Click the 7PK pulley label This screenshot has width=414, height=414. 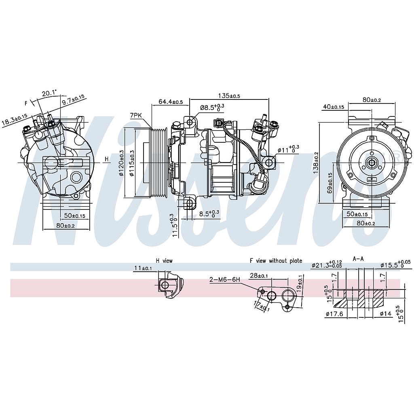[x=135, y=116]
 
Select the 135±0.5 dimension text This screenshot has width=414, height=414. [x=229, y=96]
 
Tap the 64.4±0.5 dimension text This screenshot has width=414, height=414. [x=170, y=102]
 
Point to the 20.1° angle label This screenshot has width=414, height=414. [x=49, y=93]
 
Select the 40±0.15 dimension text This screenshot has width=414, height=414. [x=334, y=107]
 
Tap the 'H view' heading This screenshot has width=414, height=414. [x=164, y=261]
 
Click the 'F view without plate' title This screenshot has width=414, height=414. [x=276, y=261]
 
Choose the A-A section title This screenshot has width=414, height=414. [x=358, y=258]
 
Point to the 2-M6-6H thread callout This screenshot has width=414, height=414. [x=225, y=279]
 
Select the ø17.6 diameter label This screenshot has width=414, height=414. [x=334, y=313]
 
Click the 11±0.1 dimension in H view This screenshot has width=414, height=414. [x=144, y=268]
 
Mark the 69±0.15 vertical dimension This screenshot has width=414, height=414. [x=330, y=183]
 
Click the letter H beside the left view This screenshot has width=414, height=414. [x=107, y=159]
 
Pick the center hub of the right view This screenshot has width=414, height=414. [x=371, y=163]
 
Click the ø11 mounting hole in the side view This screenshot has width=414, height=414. [x=270, y=163]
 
